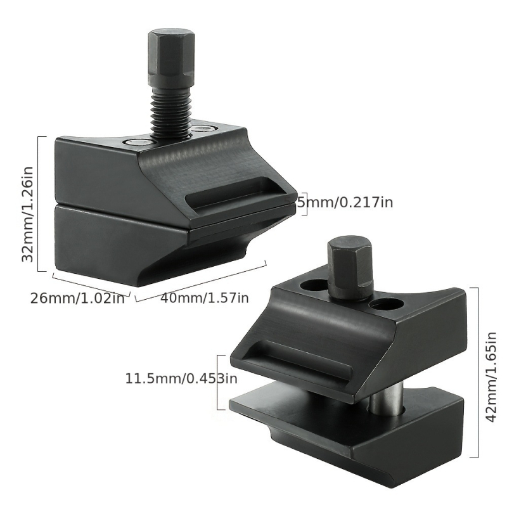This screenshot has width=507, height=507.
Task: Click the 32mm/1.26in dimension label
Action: pos(27,214)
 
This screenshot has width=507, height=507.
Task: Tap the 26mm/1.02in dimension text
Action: pos(77,298)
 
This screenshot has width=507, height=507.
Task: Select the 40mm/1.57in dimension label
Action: pos(205,297)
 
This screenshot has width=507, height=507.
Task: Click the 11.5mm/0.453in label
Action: pos(181,378)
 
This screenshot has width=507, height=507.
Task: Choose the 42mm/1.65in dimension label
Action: pos(491,377)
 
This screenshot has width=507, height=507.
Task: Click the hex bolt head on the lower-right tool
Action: pos(350,266)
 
